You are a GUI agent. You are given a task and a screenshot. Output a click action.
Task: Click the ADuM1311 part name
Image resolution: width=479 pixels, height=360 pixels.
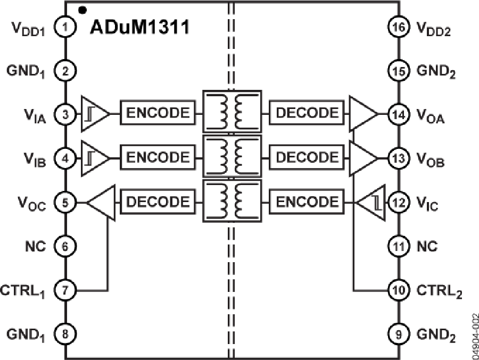coord(139,27)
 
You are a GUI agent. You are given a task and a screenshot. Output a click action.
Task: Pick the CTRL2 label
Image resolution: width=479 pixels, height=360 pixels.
coord(438,291)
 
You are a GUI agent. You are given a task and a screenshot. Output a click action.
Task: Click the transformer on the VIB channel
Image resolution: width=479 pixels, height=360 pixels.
coord(232,158)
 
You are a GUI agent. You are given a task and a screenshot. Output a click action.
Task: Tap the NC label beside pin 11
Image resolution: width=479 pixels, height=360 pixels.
coord(427,246)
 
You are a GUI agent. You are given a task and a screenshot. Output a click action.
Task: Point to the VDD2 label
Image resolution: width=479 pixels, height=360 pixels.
coord(433,29)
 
